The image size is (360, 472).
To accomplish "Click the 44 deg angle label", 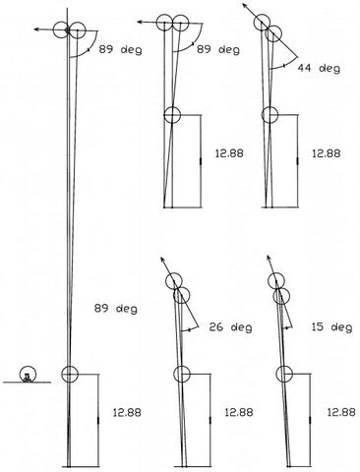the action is [x=319, y=68].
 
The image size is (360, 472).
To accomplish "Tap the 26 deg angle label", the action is [x=230, y=327].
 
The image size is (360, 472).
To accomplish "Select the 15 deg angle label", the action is [x=331, y=327].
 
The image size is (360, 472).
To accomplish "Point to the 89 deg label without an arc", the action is [x=116, y=309].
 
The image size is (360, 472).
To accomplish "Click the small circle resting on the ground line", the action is [x=28, y=374].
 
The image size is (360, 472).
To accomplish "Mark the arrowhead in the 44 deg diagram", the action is [x=245, y=6].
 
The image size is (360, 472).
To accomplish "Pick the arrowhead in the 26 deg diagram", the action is [x=162, y=260].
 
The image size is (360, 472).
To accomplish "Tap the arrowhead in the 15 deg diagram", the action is [x=269, y=257].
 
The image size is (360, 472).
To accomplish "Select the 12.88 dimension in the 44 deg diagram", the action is [x=326, y=153].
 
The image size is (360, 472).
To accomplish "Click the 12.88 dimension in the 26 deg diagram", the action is [x=239, y=412].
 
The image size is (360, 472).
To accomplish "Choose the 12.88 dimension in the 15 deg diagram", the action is [x=341, y=412].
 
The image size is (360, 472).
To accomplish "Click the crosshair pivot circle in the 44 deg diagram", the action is [x=270, y=115].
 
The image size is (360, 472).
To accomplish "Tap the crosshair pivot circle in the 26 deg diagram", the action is [x=182, y=374].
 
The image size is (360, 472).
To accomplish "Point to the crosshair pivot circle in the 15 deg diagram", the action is [x=284, y=374].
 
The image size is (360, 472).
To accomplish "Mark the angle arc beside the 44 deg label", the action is [x=282, y=65].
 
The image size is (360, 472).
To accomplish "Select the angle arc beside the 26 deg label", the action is [x=190, y=330].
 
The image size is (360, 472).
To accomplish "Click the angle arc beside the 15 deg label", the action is [x=286, y=328].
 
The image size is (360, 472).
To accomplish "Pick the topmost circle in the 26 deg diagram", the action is [x=174, y=281].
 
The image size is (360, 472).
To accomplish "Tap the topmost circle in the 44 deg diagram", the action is [x=263, y=23].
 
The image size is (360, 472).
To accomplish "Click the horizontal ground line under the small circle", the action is [x=27, y=383].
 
